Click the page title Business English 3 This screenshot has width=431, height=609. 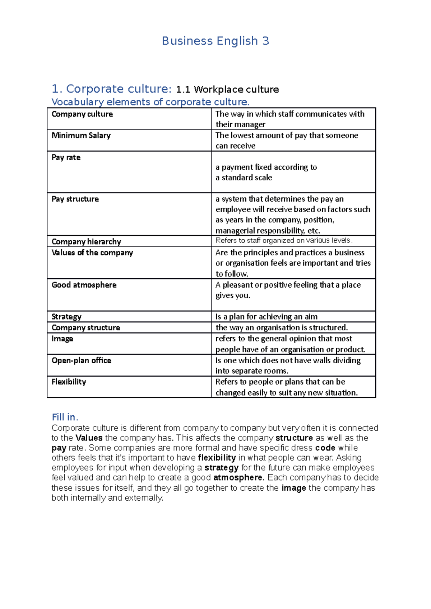click(x=215, y=41)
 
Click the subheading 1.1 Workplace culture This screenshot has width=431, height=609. click(x=227, y=89)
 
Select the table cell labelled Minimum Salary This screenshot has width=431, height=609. click(x=81, y=136)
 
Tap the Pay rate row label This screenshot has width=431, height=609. click(x=66, y=157)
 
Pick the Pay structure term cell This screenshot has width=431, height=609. click(x=75, y=199)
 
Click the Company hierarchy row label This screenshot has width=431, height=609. click(x=86, y=241)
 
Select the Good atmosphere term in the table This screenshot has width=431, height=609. click(x=84, y=285)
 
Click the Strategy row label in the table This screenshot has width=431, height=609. click(x=66, y=317)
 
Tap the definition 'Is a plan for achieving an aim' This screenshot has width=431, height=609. click(x=266, y=317)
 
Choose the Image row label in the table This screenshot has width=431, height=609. click(x=62, y=339)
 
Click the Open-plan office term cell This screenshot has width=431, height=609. click(x=82, y=360)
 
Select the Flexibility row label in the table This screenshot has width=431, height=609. click(x=69, y=382)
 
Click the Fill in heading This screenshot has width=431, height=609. click(x=65, y=417)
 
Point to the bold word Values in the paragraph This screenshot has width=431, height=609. click(x=89, y=438)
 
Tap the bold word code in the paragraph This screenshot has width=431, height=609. click(x=325, y=448)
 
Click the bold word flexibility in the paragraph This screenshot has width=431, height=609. click(x=217, y=458)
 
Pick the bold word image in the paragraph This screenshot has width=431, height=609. click(x=294, y=488)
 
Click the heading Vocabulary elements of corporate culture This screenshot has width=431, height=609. click(x=150, y=102)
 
